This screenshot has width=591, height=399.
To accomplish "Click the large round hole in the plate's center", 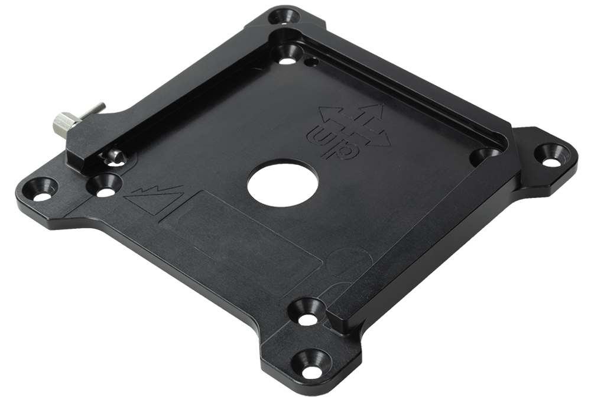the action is click(282, 184).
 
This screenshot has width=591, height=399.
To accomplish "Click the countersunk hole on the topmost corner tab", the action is click(285, 16).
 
